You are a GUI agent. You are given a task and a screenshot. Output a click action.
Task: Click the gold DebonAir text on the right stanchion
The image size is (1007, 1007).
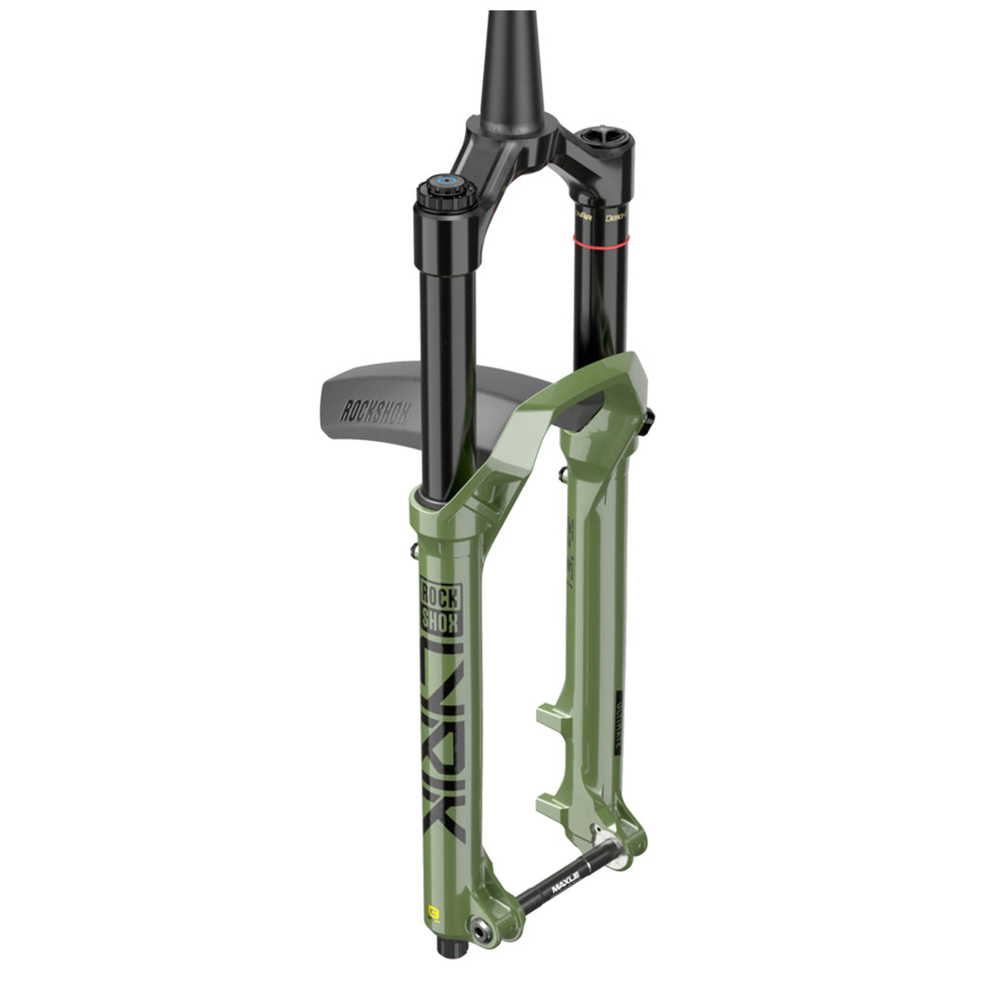[x=614, y=215]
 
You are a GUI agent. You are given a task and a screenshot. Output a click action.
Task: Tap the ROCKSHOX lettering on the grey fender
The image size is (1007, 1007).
[x=374, y=410]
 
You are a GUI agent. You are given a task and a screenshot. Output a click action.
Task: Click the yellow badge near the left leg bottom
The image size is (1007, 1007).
[x=433, y=909]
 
